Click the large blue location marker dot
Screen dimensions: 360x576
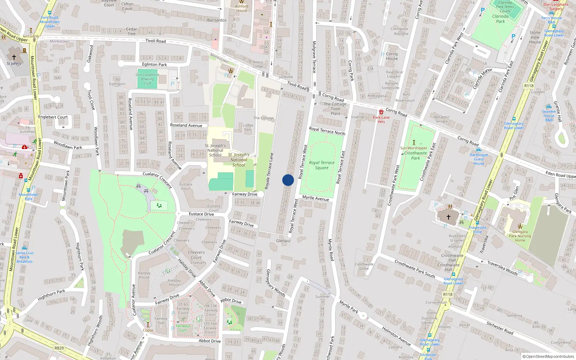click(x=288, y=180)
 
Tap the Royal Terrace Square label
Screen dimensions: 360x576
click(x=321, y=165)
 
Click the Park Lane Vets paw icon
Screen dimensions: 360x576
click(x=381, y=112)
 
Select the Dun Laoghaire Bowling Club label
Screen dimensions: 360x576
click(x=147, y=79)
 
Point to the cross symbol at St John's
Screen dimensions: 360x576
click(x=14, y=57)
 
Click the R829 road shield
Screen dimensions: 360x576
click(x=59, y=348)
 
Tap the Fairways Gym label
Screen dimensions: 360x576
click(x=183, y=328)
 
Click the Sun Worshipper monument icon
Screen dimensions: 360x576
click(x=414, y=143)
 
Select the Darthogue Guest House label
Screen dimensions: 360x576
click(x=479, y=159)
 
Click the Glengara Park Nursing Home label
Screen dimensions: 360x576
click(x=520, y=236)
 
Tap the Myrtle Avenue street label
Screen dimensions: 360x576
click(x=316, y=198)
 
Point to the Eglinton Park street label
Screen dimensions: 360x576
click(x=154, y=64)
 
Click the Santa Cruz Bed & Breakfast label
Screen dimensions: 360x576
click(x=24, y=257)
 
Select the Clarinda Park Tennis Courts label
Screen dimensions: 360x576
click(x=505, y=6)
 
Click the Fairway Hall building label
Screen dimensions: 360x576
click(x=161, y=320)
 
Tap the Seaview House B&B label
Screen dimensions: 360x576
click(x=549, y=116)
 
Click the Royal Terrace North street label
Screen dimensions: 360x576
click(x=327, y=131)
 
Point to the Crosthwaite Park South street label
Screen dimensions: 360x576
click(x=415, y=269)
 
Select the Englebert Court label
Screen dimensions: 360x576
click(x=53, y=117)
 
